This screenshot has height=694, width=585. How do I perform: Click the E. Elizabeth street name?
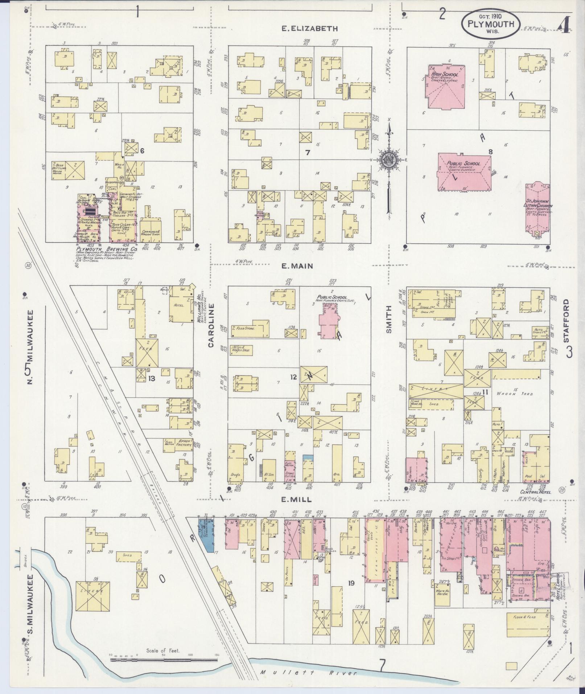pos(310,29)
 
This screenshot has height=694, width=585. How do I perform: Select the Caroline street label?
pos(211,325)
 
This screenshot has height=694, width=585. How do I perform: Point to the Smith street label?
pos(389,320)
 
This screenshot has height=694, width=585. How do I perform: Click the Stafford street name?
pos(569,318)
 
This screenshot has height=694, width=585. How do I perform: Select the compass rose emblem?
pos(388,160)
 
